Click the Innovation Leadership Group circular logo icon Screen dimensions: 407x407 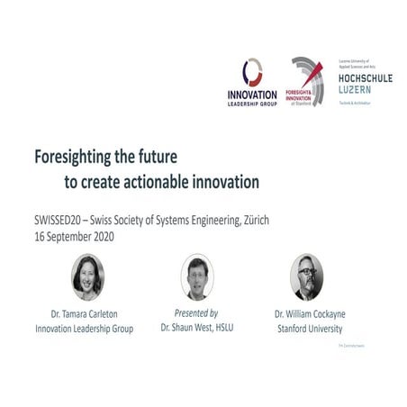click(254, 72)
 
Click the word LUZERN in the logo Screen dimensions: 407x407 click(355, 91)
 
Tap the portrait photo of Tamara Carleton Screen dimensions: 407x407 click(87, 276)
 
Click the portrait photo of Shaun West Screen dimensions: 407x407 click(196, 276)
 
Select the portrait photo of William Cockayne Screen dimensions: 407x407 click(306, 276)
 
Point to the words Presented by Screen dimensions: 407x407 click(196, 314)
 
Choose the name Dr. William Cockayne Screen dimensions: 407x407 click(309, 314)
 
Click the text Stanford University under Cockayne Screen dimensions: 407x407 click(309, 328)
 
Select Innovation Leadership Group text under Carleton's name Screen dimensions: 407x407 click(85, 328)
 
